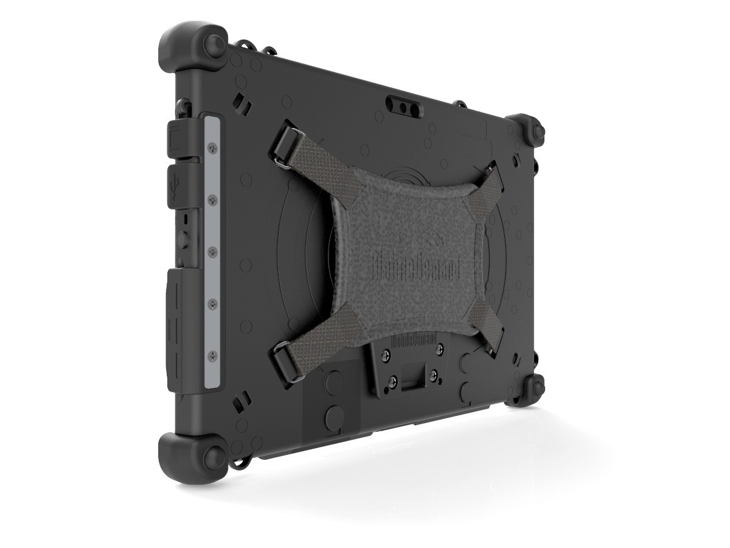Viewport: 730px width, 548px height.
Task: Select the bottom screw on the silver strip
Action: (x=214, y=354)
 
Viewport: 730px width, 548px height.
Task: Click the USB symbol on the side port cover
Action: (x=175, y=180)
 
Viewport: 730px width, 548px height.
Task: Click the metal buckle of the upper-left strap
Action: (x=283, y=158)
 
